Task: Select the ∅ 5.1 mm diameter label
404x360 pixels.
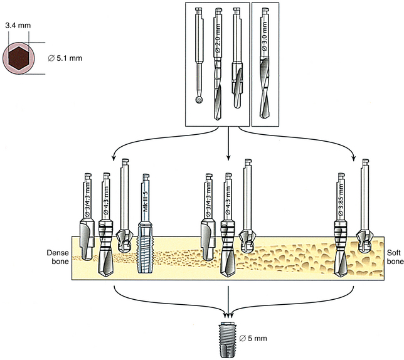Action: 65,60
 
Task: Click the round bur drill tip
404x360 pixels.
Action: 199,98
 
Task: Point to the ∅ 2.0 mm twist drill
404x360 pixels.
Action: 218,63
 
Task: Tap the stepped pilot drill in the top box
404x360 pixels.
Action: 237,63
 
